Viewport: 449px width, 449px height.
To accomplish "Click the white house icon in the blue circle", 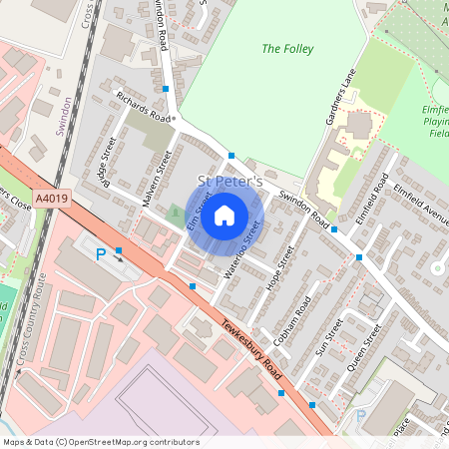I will [224, 214].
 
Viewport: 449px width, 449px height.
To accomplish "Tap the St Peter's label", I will [229, 183].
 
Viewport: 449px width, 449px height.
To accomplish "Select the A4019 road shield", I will [52, 199].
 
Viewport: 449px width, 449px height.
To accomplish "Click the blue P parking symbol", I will [101, 255].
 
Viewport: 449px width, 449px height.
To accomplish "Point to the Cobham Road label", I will [294, 319].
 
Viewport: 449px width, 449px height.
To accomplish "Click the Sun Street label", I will [328, 338].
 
